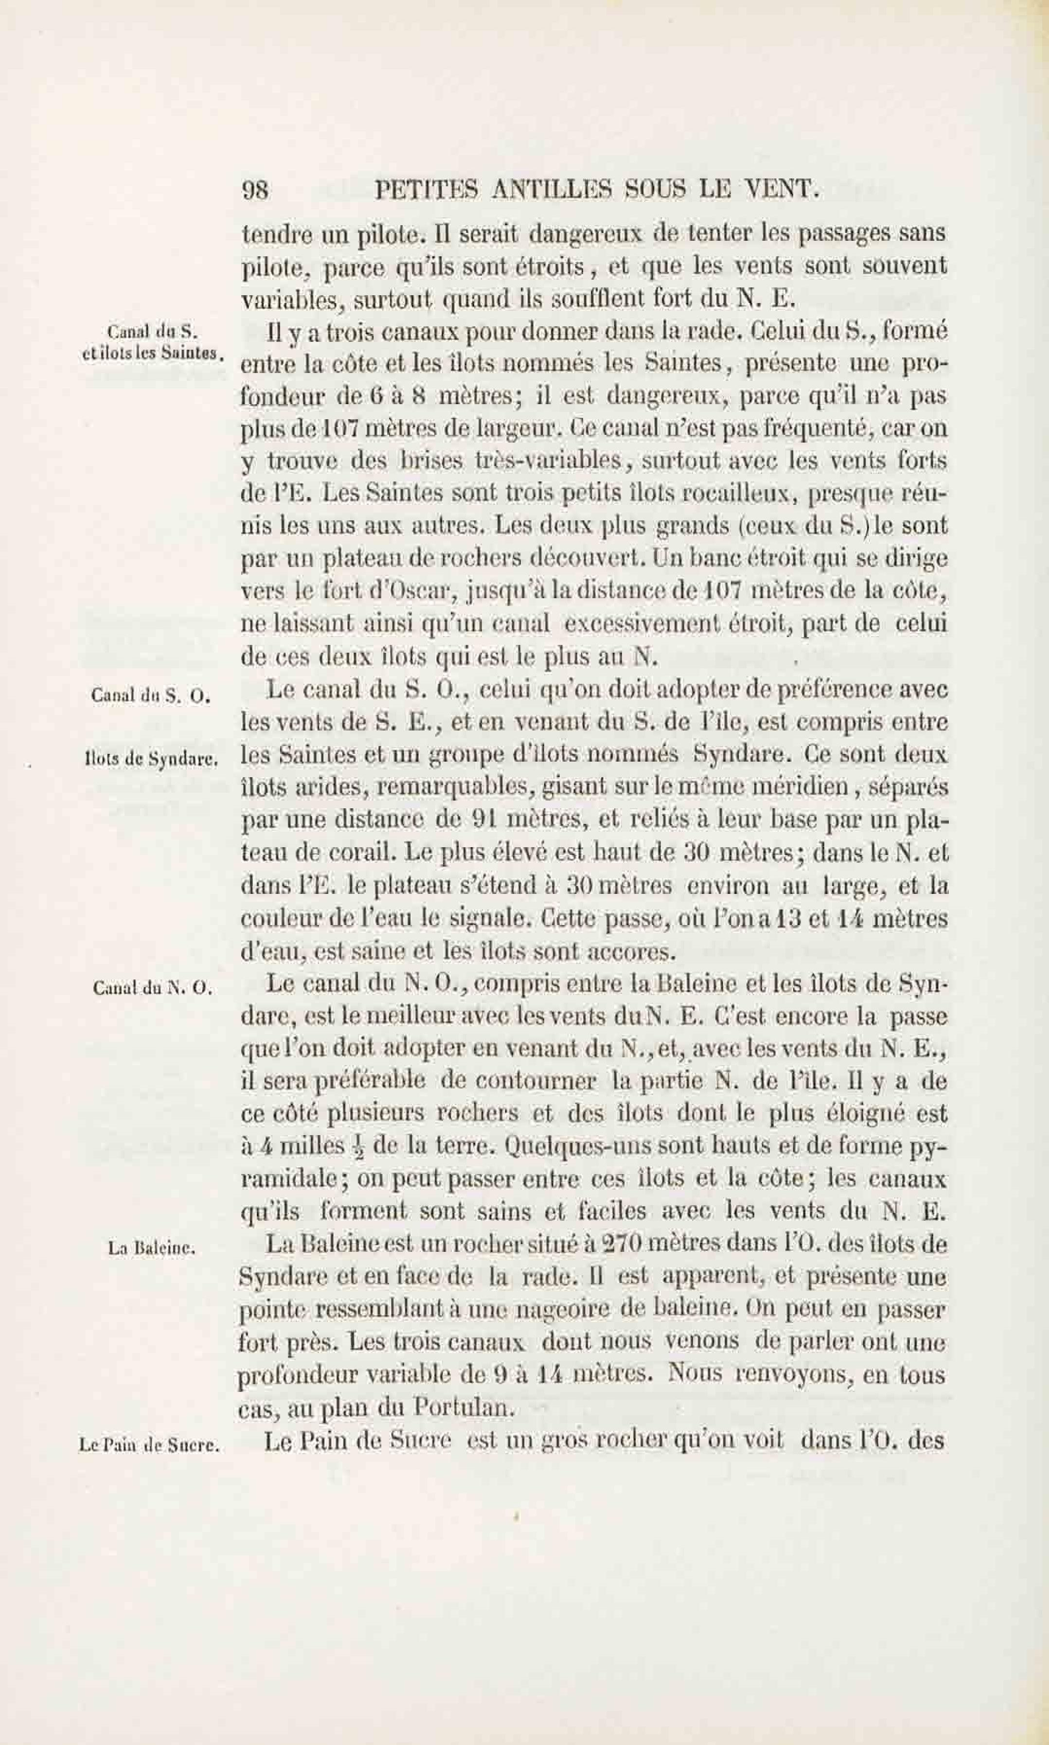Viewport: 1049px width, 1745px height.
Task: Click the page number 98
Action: click(x=255, y=191)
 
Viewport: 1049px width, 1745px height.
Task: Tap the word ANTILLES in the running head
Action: click(x=547, y=190)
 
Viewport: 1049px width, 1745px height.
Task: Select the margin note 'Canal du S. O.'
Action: click(x=151, y=695)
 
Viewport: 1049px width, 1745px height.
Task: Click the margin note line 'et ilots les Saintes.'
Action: click(x=153, y=354)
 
